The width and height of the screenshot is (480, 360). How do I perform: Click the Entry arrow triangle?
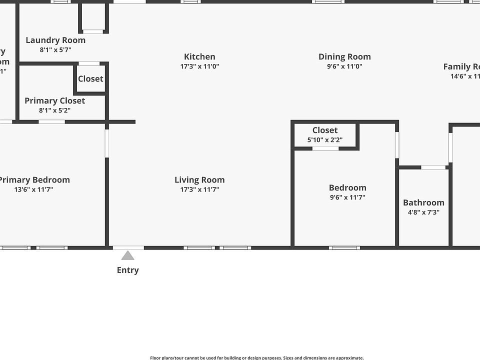pyautogui.click(x=128, y=256)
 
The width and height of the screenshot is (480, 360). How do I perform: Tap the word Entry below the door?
pyautogui.click(x=128, y=270)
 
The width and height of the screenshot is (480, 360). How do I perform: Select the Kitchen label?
pyautogui.click(x=199, y=57)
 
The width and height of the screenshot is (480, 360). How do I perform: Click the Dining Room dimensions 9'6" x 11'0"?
pyautogui.click(x=344, y=66)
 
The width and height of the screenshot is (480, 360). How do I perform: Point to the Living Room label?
pyautogui.click(x=199, y=180)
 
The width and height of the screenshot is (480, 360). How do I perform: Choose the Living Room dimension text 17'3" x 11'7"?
pyautogui.click(x=199, y=189)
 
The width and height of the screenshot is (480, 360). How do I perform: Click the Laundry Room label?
pyautogui.click(x=55, y=40)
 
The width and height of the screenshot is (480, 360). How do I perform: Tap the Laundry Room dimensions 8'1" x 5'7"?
pyautogui.click(x=55, y=50)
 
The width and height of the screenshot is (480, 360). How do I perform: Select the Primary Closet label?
pyautogui.click(x=55, y=101)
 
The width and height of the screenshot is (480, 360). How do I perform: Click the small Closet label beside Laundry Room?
pyautogui.click(x=90, y=79)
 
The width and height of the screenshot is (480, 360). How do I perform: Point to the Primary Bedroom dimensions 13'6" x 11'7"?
pyautogui.click(x=33, y=189)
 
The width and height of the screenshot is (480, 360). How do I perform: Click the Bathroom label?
pyautogui.click(x=423, y=202)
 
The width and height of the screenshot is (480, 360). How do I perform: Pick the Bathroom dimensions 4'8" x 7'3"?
pyautogui.click(x=423, y=212)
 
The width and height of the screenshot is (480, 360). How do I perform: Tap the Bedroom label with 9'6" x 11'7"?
pyautogui.click(x=347, y=188)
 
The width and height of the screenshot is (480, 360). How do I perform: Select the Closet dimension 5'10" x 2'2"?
pyautogui.click(x=325, y=140)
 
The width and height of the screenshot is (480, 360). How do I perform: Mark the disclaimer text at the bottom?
pyautogui.click(x=257, y=357)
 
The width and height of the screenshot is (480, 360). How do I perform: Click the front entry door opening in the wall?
pyautogui.click(x=128, y=247)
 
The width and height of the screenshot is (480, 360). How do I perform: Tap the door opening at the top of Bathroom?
pyautogui.click(x=433, y=167)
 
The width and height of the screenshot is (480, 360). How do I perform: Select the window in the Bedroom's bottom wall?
pyautogui.click(x=344, y=247)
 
